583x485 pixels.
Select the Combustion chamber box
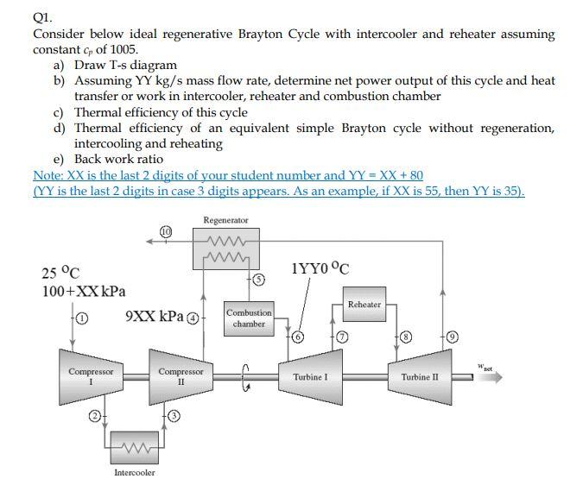tap(250, 318)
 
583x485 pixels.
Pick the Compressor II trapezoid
tap(181, 376)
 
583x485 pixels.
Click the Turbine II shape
tap(420, 376)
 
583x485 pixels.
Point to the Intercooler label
tap(135, 473)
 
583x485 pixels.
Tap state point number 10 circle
tap(165, 230)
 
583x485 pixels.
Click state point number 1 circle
tap(82, 318)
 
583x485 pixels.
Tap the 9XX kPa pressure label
tap(156, 316)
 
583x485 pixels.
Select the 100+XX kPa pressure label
tap(83, 292)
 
